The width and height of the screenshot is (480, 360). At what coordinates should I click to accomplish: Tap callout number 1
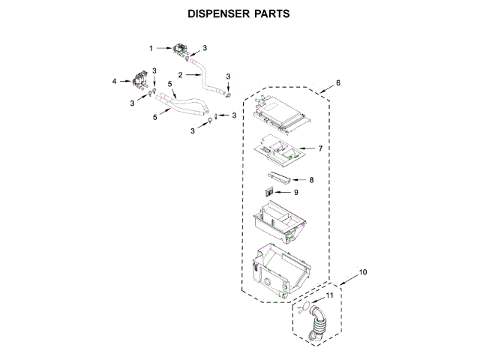pos(151,48)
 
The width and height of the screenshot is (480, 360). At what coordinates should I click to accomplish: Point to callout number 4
pos(115,80)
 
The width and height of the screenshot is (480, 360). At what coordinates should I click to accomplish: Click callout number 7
pos(319,148)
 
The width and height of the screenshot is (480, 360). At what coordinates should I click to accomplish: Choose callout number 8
pos(311,179)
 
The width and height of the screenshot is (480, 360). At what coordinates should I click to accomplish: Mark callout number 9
pos(295,192)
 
